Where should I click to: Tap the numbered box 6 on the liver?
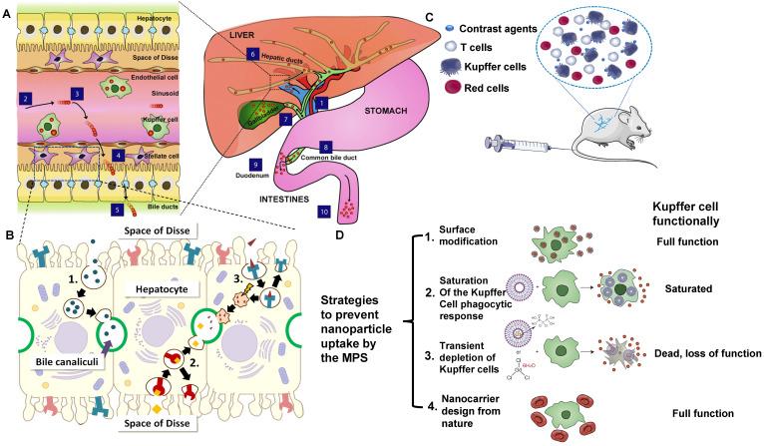tap(252, 54)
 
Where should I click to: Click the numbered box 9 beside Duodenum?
tap(255, 164)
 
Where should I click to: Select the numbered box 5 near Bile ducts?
tap(119, 210)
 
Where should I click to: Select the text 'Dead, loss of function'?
tap(703, 354)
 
